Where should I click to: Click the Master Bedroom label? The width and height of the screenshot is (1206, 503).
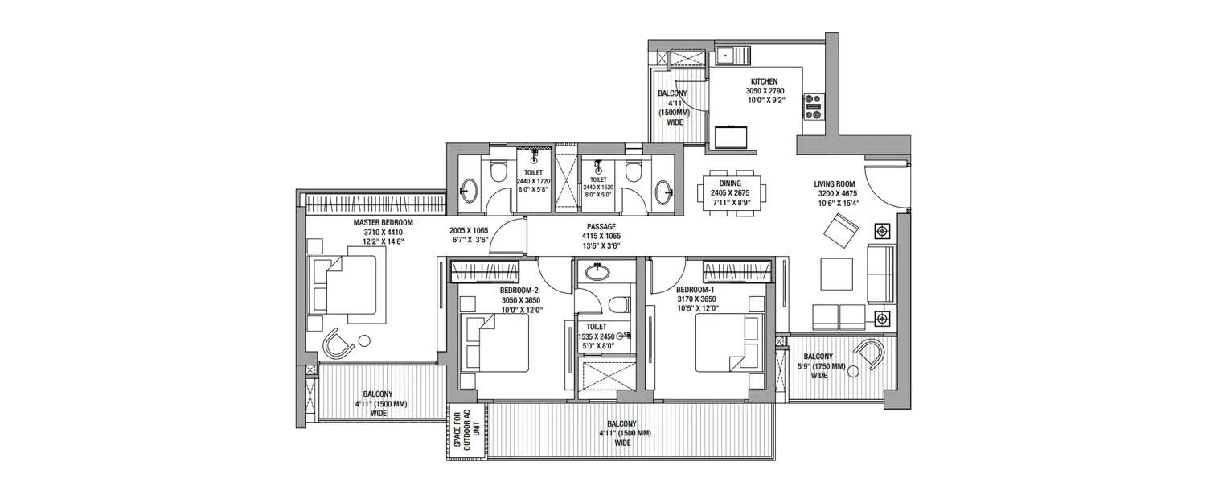click(383, 222)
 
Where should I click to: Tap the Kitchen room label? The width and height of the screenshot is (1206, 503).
click(764, 82)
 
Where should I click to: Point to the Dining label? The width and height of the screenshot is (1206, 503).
click(731, 183)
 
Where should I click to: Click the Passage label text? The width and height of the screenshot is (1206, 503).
click(601, 227)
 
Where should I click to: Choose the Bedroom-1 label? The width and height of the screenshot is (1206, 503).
click(696, 290)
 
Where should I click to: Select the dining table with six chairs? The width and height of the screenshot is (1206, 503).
click(732, 194)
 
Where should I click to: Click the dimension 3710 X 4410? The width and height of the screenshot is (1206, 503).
click(383, 232)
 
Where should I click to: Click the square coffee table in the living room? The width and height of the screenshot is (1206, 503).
click(836, 274)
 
